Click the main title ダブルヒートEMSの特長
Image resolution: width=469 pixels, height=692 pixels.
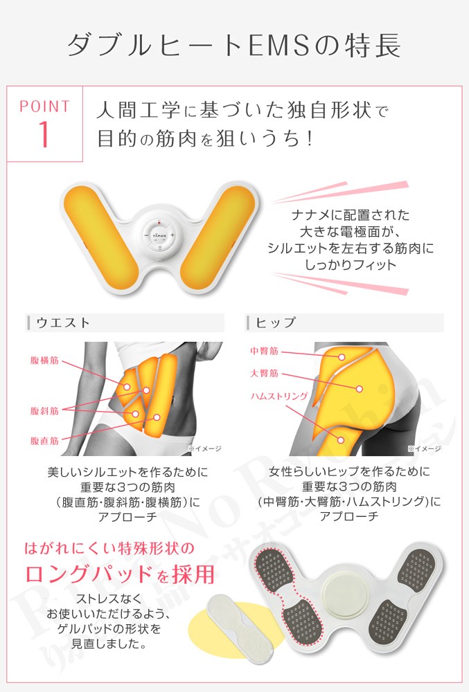coord(234,45)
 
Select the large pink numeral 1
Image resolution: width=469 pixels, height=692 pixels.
coord(44,135)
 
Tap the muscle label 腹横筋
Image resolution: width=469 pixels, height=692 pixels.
coord(44,361)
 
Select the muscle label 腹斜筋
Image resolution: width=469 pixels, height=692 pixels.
coord(44,410)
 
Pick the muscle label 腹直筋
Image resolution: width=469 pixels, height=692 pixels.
coord(44,440)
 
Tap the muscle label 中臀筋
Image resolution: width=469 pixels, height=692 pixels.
coord(264,352)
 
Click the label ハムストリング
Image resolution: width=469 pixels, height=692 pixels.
coord(279,397)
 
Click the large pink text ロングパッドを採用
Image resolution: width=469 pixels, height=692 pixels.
coord(119,574)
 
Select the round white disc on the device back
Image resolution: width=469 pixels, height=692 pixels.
coord(346,594)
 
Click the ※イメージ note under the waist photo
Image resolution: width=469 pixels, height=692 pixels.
coord(204,449)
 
